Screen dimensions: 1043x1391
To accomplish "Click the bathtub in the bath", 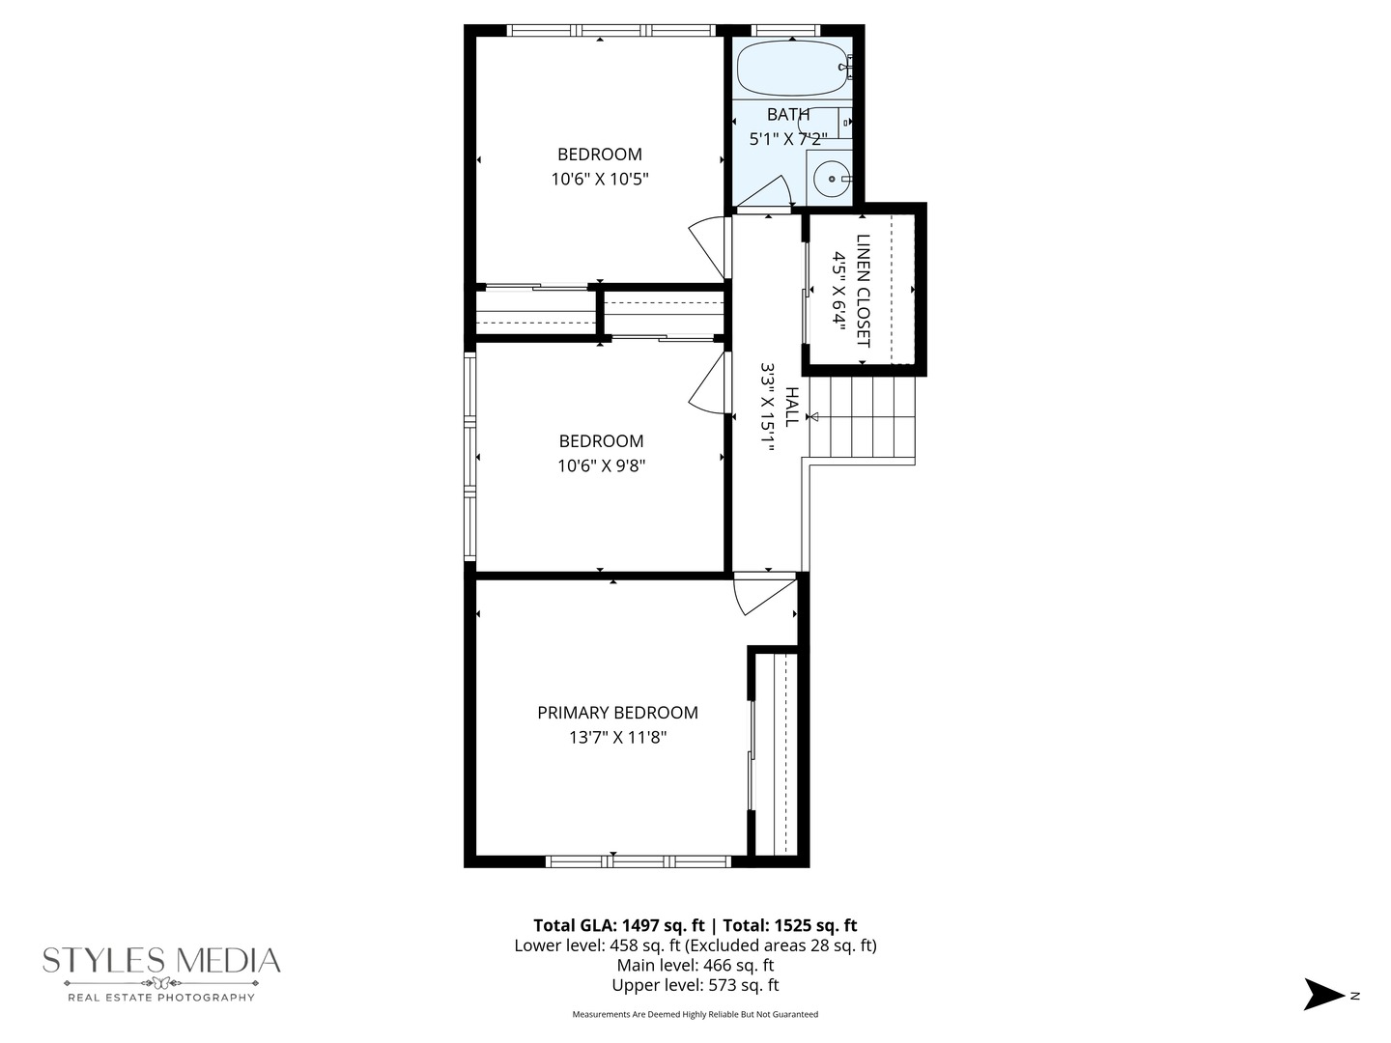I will pos(792,69).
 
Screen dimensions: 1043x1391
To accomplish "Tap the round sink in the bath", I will pos(830,179).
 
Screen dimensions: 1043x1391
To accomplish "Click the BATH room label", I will pos(788,115).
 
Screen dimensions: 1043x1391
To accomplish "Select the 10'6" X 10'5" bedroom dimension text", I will pos(600,179).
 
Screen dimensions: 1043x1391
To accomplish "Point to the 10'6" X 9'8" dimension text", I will pos(601,465).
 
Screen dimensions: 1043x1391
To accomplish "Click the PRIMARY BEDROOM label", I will pos(617,713).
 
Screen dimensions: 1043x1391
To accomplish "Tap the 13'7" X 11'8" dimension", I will pos(617,738).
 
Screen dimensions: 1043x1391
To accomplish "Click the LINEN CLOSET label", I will pos(863,291).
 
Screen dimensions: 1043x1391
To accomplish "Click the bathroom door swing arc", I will pos(769,192).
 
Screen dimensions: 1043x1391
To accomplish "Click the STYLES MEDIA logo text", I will pos(161,961).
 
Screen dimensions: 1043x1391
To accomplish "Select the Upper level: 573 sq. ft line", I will pos(695,985).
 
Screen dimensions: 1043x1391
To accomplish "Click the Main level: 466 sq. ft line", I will pos(695,965).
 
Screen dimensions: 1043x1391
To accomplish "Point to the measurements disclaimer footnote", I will pos(695,1014).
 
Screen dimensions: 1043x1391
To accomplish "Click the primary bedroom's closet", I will pos(778,753).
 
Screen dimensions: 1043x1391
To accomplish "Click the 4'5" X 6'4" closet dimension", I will pos(839,291).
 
